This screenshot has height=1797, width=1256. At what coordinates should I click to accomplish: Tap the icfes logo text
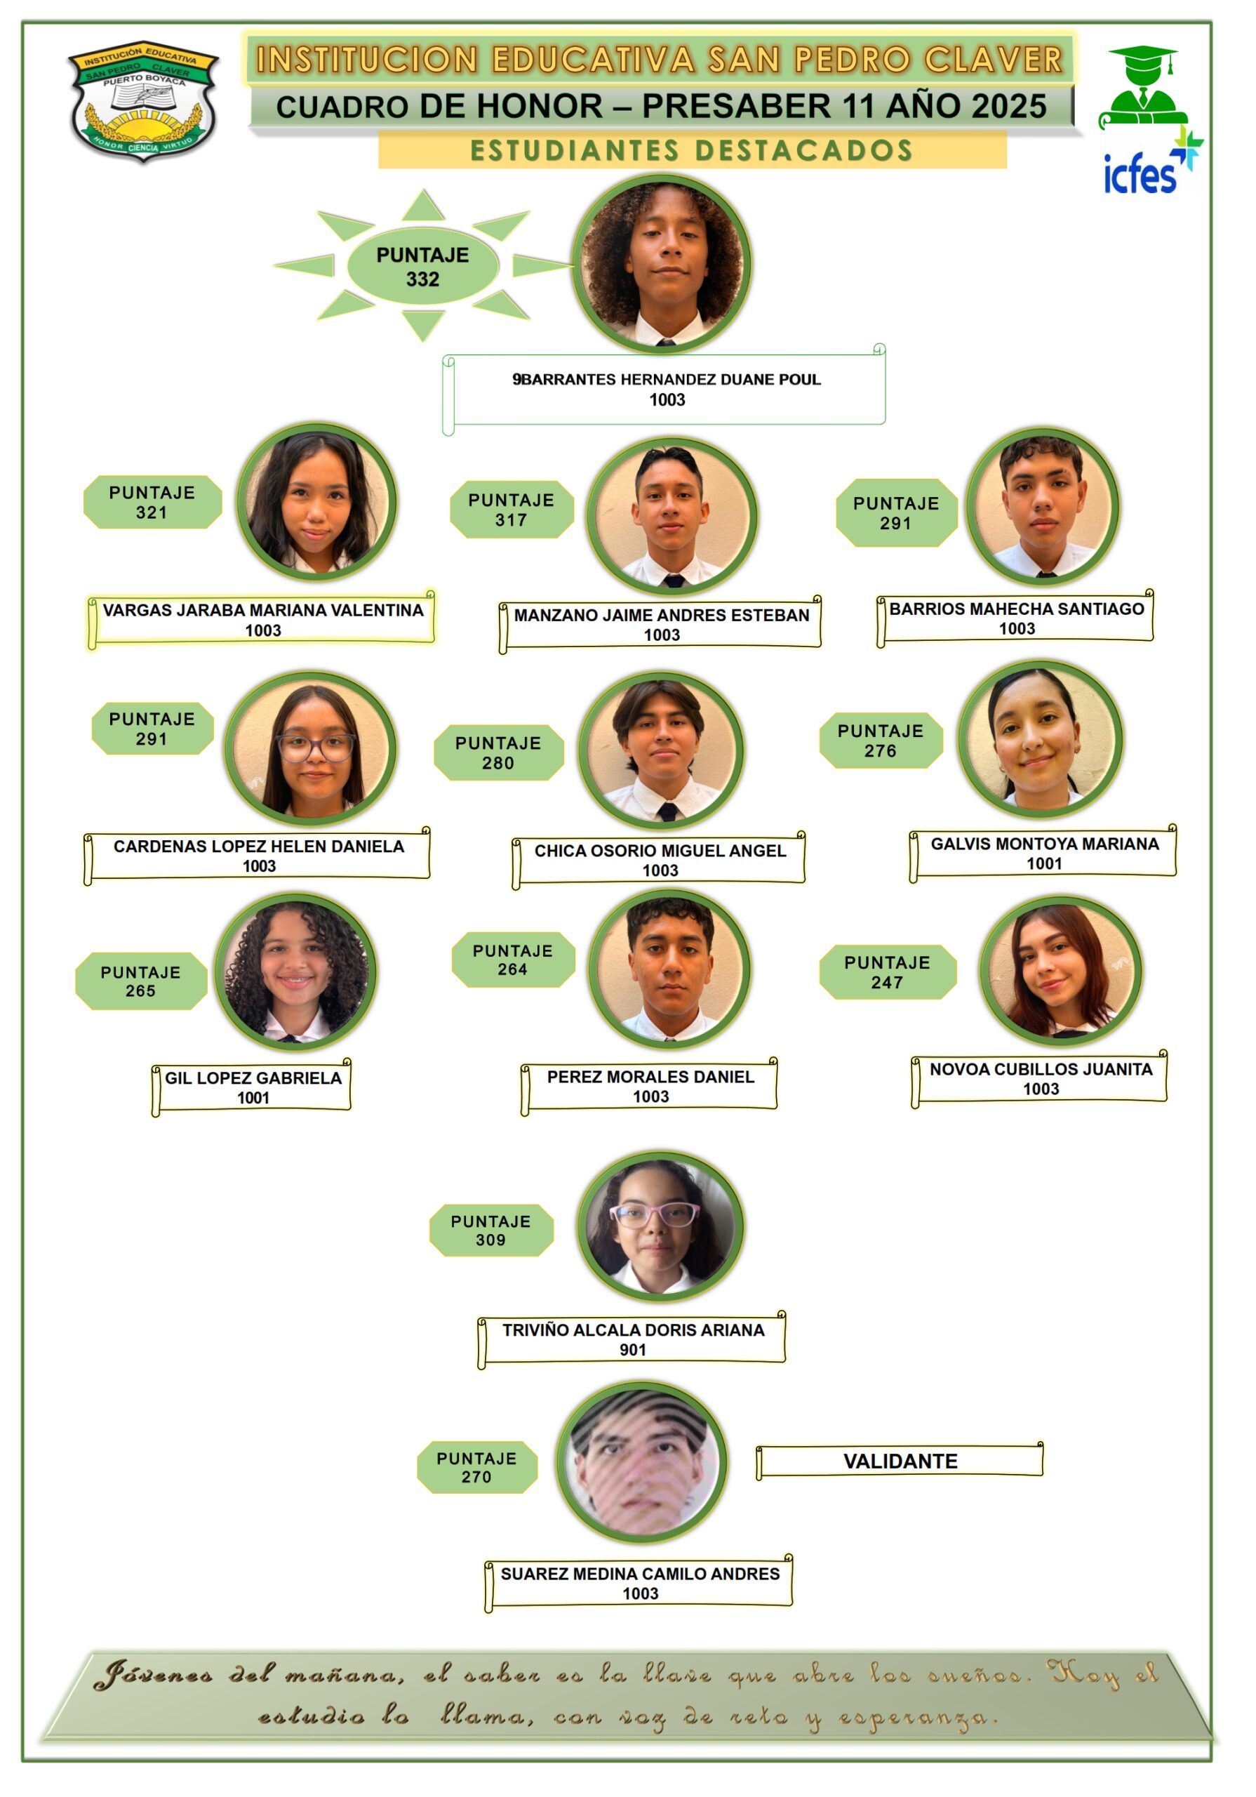click(1140, 174)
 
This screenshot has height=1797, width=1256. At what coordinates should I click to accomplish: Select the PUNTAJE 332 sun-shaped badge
click(422, 267)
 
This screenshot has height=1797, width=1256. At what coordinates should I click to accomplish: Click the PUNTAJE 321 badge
click(152, 503)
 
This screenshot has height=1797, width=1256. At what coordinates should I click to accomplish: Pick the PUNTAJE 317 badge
click(511, 510)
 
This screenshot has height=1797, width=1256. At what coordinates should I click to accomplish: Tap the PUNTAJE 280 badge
click(498, 753)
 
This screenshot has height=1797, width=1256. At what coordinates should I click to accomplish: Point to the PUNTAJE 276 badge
click(881, 741)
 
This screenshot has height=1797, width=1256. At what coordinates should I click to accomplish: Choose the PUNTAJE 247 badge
click(887, 972)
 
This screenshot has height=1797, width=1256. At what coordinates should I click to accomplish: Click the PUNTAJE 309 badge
click(490, 1231)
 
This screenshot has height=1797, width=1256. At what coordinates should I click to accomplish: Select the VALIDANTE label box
click(900, 1461)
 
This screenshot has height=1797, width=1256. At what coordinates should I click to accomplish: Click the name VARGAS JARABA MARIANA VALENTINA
click(263, 611)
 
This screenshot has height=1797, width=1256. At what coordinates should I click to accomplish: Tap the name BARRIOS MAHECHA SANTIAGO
click(1016, 609)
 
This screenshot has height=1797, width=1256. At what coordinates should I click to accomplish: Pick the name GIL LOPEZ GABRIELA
click(253, 1078)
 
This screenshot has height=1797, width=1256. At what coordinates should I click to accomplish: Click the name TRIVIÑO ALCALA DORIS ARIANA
click(632, 1330)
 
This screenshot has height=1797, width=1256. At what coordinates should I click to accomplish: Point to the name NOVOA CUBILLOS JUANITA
click(1040, 1069)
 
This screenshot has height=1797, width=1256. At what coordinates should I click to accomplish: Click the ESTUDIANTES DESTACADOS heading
click(692, 150)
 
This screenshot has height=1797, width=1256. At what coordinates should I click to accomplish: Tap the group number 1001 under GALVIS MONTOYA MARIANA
click(1044, 864)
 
